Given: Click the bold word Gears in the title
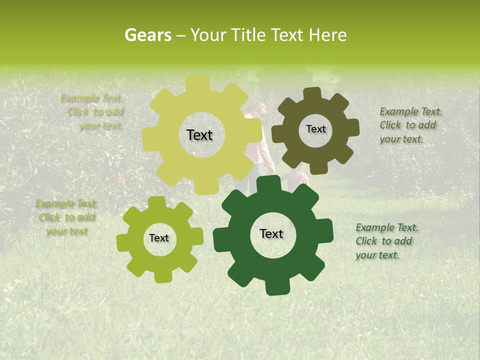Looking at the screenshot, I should click(147, 35).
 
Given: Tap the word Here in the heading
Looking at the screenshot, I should click(327, 35).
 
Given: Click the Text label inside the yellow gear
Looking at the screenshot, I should click(199, 135).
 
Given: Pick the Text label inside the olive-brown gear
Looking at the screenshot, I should click(315, 129).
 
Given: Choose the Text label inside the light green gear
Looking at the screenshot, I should click(159, 238).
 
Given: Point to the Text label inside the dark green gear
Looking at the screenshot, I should click(271, 234).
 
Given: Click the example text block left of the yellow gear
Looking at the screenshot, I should click(95, 112).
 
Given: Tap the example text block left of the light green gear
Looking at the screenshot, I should click(67, 217).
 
